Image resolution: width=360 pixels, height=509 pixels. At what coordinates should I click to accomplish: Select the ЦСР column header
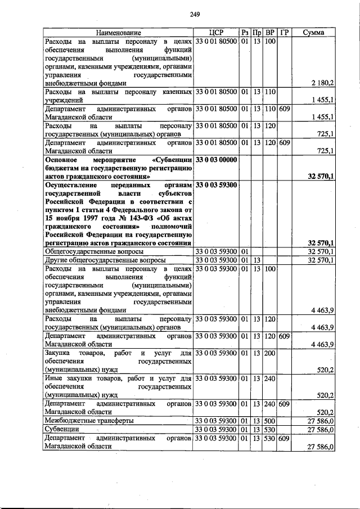pyautogui.click(x=215, y=33)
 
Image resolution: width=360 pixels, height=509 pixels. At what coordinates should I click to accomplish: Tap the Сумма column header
pyautogui.click(x=313, y=33)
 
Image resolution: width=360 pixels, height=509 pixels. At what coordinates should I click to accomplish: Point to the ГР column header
pyautogui.click(x=285, y=33)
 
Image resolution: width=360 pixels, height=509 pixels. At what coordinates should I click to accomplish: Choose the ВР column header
pyautogui.click(x=270, y=33)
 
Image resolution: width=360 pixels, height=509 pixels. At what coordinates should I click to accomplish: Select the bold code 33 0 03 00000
pyautogui.click(x=215, y=160)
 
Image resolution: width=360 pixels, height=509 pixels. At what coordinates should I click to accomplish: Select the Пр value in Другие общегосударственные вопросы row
pyautogui.click(x=256, y=260)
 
